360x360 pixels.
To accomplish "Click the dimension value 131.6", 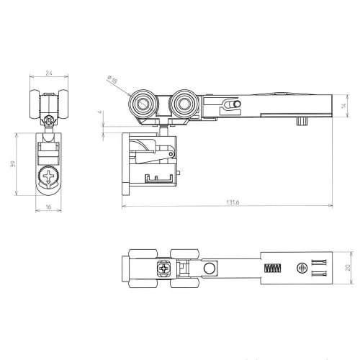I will pyautogui.click(x=231, y=202).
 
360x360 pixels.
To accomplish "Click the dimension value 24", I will pyautogui.click(x=49, y=71).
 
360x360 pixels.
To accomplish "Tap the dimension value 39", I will pyautogui.click(x=12, y=165).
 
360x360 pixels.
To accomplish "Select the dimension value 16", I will pyautogui.click(x=49, y=207).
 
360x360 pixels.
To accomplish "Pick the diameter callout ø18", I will pyautogui.click(x=114, y=81).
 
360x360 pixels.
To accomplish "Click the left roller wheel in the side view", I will pyautogui.click(x=141, y=106).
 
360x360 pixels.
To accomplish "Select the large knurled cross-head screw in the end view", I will pyautogui.click(x=49, y=176).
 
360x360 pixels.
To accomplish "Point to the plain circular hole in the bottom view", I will pyautogui.click(x=210, y=269).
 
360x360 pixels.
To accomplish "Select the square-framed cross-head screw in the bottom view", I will pyautogui.click(x=165, y=269).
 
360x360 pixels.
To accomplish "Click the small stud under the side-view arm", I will pyautogui.click(x=298, y=122).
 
